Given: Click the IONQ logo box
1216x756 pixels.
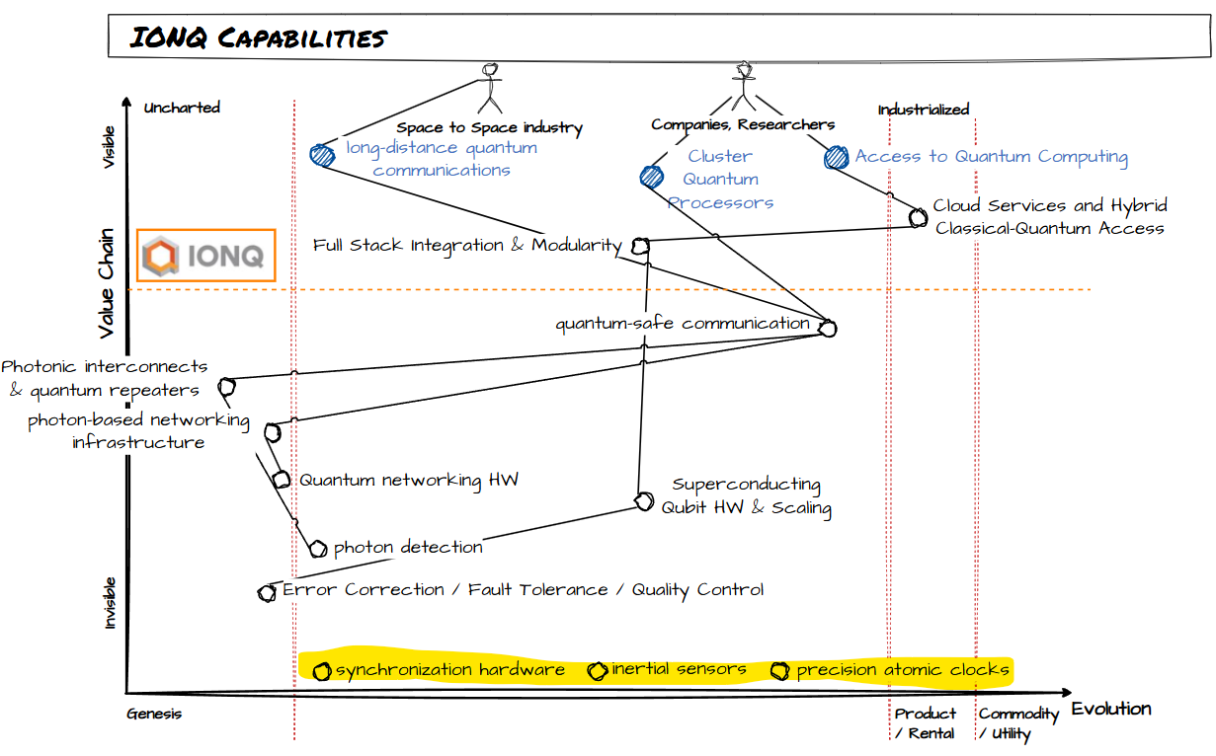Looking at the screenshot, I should (205, 257).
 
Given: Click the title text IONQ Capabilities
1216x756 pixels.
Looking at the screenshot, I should (259, 38).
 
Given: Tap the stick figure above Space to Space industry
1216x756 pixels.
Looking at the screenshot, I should (490, 89).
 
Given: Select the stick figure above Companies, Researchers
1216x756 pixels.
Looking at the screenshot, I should (743, 87).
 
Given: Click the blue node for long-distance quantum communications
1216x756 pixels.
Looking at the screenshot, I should (322, 155).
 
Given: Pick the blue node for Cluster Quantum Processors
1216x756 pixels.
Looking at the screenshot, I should (651, 177).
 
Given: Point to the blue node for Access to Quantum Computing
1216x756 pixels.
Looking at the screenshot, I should (837, 157).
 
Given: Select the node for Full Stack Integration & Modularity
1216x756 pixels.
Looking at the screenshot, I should (640, 246).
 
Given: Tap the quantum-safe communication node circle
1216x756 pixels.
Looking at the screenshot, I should (827, 329).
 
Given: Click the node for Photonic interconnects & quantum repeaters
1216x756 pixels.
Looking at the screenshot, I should (226, 386).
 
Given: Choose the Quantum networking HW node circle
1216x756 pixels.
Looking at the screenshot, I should (282, 480).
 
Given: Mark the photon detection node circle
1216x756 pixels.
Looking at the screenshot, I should (317, 549).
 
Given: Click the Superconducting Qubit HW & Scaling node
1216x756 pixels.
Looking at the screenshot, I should (644, 500).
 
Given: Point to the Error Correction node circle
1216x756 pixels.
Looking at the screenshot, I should (267, 593).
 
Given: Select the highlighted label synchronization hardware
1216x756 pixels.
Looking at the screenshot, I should (450, 670).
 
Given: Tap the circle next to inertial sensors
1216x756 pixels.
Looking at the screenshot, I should (597, 672).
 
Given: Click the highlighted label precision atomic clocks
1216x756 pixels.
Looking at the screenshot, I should (903, 670).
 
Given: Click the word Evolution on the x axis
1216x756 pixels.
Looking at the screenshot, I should (1111, 709).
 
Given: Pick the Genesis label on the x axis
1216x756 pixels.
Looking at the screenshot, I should (155, 714).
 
